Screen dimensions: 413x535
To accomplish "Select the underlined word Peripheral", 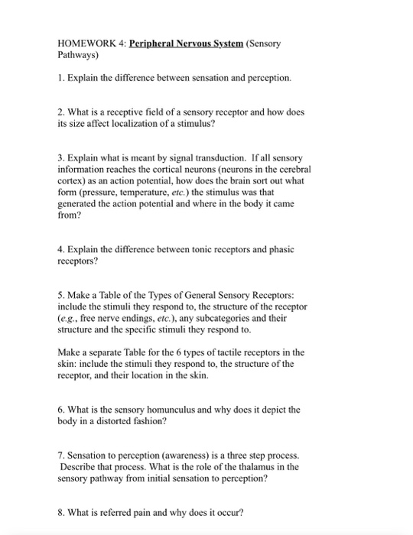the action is tap(158, 44).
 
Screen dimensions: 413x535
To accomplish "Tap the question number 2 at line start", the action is tap(60, 112).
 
